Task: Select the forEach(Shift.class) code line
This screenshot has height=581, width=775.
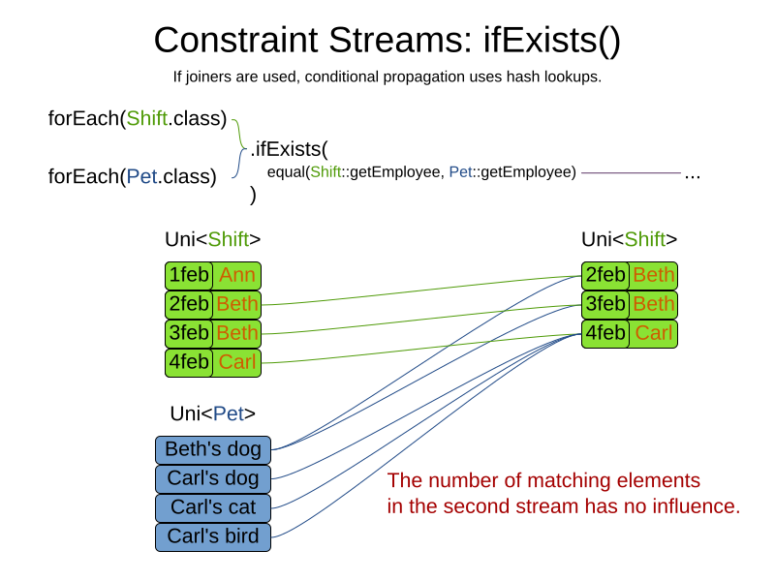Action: point(138,119)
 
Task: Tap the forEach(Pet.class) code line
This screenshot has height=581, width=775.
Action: point(132,176)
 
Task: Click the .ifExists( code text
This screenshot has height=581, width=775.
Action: point(290,149)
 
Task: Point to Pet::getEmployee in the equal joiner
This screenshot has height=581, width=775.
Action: point(512,172)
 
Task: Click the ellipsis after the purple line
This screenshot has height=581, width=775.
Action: point(692,174)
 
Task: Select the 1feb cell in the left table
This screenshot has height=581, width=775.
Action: point(189,276)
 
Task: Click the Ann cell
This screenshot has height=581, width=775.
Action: point(236,276)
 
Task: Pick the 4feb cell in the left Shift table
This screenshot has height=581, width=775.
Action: point(189,363)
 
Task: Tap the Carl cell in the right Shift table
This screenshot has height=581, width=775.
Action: point(653,334)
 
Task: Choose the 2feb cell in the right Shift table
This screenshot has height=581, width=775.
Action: point(605,276)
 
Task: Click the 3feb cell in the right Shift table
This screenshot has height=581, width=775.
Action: point(605,305)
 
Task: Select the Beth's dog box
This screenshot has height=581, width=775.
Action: point(213,449)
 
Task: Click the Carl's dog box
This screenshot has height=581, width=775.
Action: point(213,478)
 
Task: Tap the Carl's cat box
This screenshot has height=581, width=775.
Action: point(213,507)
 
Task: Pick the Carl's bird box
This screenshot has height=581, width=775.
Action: point(213,536)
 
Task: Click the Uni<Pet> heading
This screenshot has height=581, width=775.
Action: point(212,414)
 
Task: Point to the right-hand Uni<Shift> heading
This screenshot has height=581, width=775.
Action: point(629,240)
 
